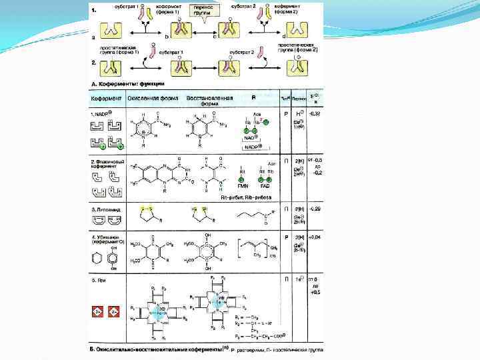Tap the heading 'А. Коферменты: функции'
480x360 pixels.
pyautogui.click(x=127, y=83)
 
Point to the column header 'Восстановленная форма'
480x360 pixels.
pyautogui.click(x=209, y=100)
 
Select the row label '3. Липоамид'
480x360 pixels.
pyautogui.click(x=107, y=209)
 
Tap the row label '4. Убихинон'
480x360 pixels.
pyautogui.click(x=108, y=237)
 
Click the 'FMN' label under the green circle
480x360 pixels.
pyautogui.click(x=242, y=189)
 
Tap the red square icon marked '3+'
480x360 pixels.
pyautogui.click(x=97, y=311)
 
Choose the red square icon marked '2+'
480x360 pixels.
pyautogui.click(x=113, y=311)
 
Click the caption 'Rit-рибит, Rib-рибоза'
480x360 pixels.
pyautogui.click(x=245, y=198)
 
